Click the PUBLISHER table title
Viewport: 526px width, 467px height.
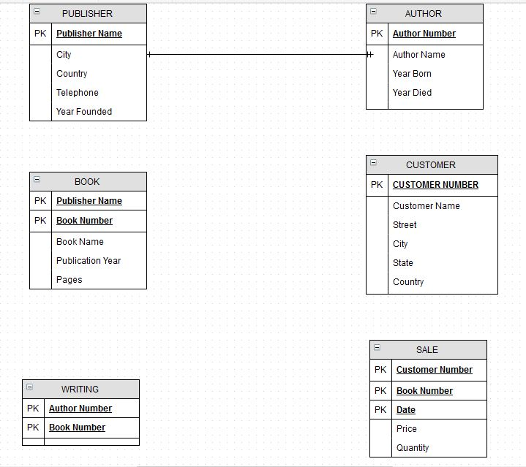pos(87,13)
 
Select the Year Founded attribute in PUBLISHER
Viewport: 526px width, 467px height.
pos(84,112)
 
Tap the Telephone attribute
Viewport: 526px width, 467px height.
pos(78,93)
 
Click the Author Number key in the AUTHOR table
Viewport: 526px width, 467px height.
pos(424,34)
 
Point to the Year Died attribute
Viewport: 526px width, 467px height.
pos(412,93)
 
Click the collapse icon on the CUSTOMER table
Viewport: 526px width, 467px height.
pos(374,163)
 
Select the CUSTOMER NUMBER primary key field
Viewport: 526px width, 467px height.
pos(435,185)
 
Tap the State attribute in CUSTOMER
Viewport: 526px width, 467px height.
pos(403,263)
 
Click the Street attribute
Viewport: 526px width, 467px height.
pos(405,225)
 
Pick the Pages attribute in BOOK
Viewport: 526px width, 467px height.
pos(69,280)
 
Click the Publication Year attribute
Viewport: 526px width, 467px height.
pos(89,261)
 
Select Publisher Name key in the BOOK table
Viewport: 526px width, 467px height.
pos(89,201)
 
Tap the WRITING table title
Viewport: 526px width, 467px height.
pos(80,389)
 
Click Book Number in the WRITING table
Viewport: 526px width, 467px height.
pos(77,428)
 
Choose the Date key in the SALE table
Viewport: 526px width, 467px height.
pos(406,410)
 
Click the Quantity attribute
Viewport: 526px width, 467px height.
pos(413,448)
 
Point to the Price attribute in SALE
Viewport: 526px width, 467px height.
pos(407,429)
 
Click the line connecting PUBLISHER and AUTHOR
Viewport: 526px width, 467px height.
pos(256,55)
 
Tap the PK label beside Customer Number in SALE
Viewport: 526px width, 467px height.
pos(380,370)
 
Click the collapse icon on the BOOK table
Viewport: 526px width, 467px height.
pos(37,180)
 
